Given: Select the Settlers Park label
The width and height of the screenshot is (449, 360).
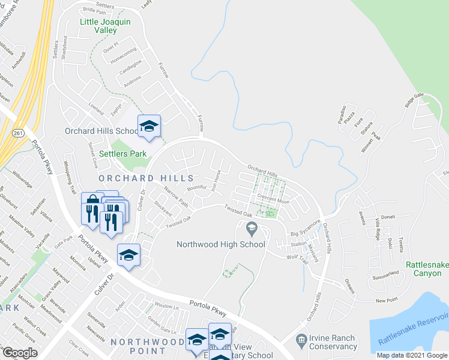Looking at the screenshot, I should [x=122, y=154].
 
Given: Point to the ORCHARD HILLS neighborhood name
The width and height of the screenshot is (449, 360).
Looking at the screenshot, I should [x=146, y=178].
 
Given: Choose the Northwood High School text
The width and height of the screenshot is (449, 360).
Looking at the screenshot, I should [x=220, y=244].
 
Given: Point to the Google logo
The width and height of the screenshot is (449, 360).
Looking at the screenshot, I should [x=20, y=353].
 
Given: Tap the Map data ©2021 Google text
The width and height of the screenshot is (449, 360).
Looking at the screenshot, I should [x=411, y=355].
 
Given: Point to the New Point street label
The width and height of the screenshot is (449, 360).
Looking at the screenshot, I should [x=387, y=300].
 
